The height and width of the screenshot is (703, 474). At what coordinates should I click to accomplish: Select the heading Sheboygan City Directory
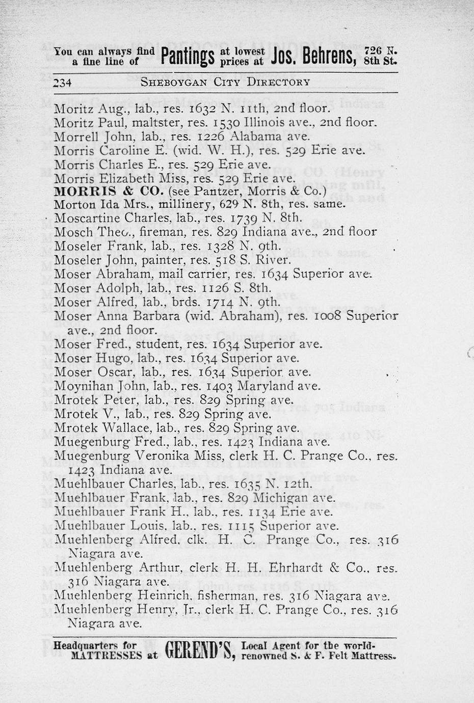click(x=225, y=82)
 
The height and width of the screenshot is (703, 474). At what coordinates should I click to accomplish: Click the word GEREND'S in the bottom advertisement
click(x=198, y=650)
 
